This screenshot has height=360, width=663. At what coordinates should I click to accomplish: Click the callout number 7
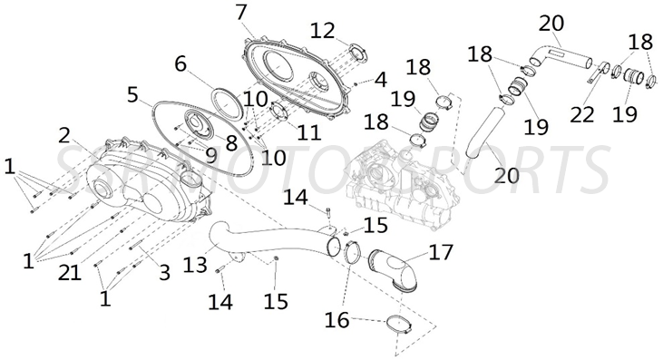coord(240,13)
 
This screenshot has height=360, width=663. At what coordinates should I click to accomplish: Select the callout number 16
coord(337,319)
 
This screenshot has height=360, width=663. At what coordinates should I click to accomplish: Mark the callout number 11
coord(308,133)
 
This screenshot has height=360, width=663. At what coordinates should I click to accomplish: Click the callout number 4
coord(380,79)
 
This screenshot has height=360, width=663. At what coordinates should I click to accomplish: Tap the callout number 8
coord(230,142)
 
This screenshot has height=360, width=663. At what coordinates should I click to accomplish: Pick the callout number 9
coord(210,155)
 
